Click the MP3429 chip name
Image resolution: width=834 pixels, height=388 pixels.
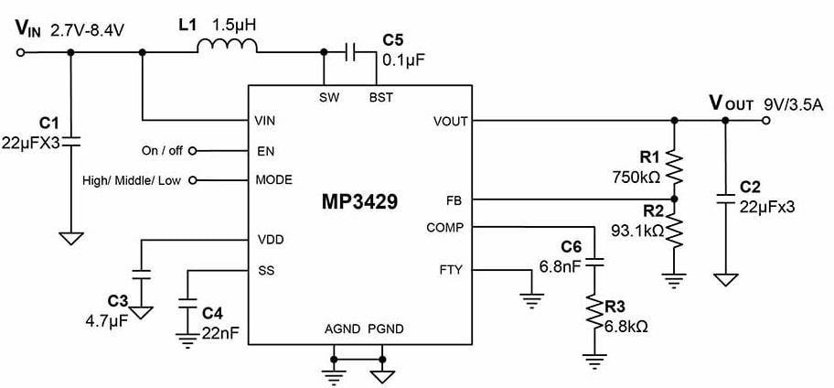[360, 202]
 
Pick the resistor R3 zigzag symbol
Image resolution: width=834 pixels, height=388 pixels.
[594, 316]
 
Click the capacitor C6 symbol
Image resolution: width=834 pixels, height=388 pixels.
[594, 263]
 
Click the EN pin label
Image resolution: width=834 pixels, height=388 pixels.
[264, 150]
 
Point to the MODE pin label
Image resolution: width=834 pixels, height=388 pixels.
[274, 180]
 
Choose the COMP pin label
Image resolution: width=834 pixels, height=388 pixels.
[444, 227]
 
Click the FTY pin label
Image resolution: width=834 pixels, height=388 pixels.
[451, 270]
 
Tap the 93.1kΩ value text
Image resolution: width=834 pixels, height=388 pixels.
[637, 231]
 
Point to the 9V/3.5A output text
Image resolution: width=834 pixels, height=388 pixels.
[794, 103]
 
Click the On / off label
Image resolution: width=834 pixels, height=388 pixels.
[162, 150]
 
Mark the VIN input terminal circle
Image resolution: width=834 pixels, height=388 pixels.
[20, 52]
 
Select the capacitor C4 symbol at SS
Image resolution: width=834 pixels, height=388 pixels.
[189, 303]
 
